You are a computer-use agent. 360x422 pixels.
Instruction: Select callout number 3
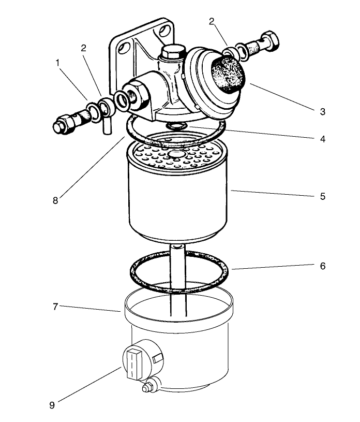coord(322,111)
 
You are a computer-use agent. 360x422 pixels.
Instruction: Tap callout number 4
coord(322,139)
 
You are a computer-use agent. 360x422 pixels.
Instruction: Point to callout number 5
coord(322,197)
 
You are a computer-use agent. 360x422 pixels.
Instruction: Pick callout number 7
coord(54,306)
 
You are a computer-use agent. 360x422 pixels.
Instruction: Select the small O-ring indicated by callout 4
coord(176,126)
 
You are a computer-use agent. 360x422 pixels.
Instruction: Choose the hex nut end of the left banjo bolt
coord(61,126)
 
